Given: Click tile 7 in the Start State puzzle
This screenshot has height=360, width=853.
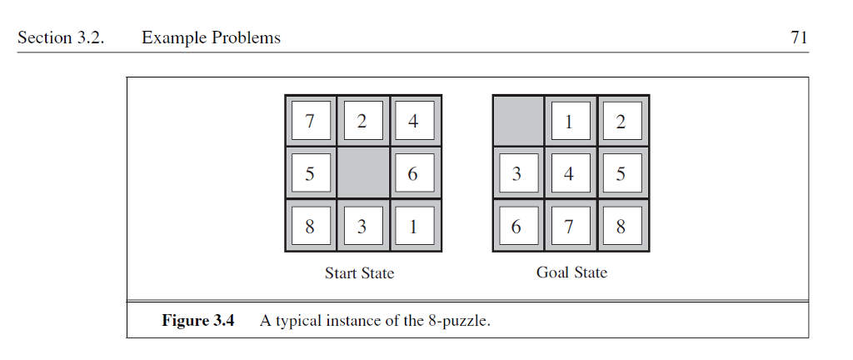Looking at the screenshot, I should pos(311,122).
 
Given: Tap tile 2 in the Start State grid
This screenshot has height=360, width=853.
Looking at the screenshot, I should pos(362,122).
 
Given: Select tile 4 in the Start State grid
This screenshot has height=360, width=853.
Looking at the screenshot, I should pos(414,122).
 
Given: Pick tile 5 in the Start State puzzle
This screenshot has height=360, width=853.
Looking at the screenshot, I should pos(311,174).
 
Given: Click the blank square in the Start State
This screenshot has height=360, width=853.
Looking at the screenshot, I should pos(362,174).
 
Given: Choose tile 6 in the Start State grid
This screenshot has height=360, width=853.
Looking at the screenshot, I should pos(414,174).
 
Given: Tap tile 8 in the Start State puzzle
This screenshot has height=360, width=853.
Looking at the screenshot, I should pos(311,226).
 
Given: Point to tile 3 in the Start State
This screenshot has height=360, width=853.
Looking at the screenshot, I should pos(362,226).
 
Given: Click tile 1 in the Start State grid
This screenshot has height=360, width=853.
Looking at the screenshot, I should pos(414,226).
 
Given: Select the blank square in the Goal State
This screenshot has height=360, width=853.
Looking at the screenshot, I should pos(518,122).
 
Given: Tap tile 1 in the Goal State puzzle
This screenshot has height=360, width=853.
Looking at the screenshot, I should pos(570,122).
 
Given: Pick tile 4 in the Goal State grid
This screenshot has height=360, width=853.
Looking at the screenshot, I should pos(570,174).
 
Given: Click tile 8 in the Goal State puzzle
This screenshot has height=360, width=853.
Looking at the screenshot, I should pos(621,226).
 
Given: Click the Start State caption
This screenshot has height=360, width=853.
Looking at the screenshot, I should pos(359,273).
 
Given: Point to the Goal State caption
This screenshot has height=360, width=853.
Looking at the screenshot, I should pos(571,272).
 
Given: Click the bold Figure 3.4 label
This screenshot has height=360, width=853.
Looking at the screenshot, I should pos(198,321).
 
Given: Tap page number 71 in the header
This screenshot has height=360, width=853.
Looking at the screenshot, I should pos(799,37).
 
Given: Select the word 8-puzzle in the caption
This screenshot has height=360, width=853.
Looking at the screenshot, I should pos(457,321).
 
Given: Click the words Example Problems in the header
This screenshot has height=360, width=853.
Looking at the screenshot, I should pos(211,37).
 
